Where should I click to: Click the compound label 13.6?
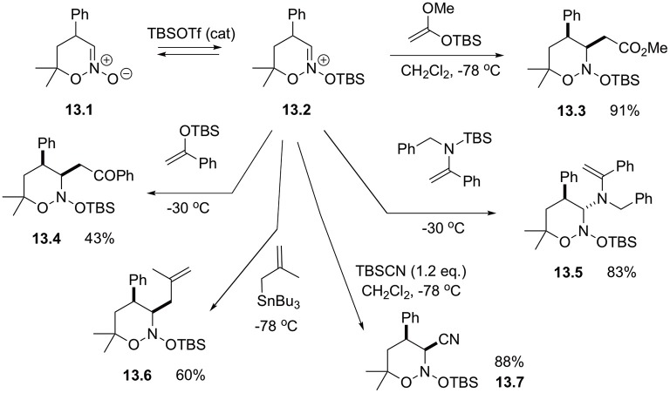[138, 375]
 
